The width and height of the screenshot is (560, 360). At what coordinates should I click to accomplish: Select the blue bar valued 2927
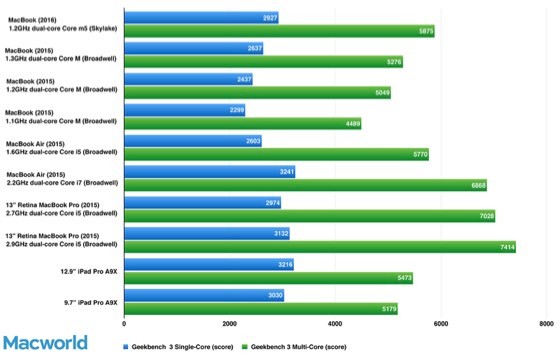200,17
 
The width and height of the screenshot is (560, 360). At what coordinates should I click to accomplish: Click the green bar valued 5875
279,31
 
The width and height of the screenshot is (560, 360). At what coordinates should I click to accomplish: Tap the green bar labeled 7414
319,247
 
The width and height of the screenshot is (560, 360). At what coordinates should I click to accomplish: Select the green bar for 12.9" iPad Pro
268,277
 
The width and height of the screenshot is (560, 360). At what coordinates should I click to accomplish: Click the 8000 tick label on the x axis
545,324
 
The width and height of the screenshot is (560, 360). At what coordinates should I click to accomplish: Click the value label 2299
235,109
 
